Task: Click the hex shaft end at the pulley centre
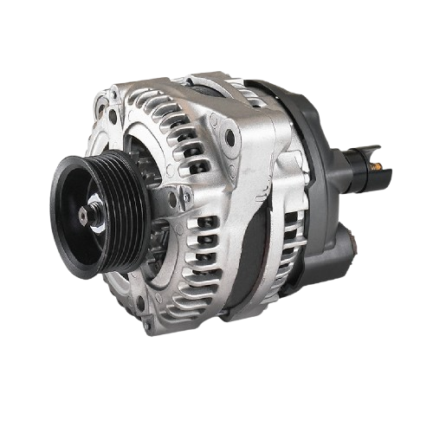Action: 83,212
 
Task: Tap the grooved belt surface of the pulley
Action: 122,208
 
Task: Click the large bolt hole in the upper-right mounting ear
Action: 229,137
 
